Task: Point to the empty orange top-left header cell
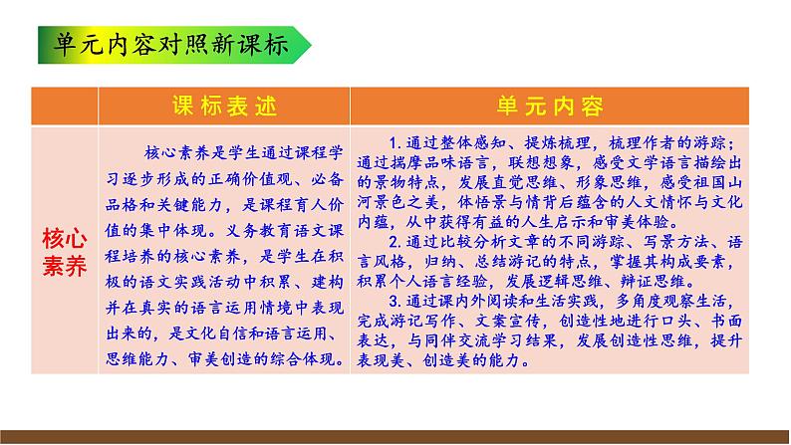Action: click(64, 107)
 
